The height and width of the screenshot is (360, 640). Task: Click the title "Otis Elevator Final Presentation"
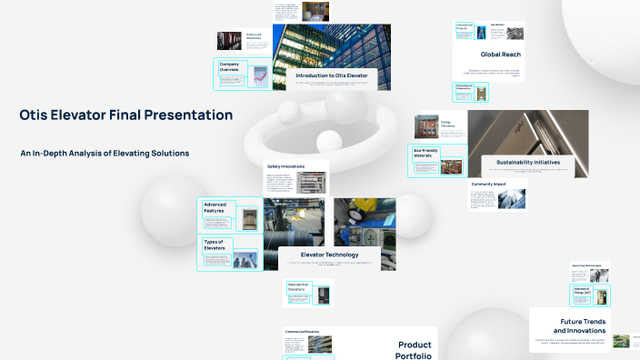(125, 115)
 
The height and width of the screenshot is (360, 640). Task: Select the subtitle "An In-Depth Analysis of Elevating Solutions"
(105, 154)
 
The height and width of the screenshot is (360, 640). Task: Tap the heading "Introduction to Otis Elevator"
(332, 75)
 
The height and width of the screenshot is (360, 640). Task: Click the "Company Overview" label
(229, 66)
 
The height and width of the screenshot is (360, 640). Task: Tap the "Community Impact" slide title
(487, 184)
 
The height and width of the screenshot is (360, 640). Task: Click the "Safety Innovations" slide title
(285, 166)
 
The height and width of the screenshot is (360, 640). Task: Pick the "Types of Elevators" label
(215, 245)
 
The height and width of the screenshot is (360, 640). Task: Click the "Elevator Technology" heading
(330, 255)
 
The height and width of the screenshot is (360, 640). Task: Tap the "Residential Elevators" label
(299, 287)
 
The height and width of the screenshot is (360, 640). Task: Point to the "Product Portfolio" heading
(415, 350)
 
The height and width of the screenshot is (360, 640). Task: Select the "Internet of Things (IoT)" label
(582, 291)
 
